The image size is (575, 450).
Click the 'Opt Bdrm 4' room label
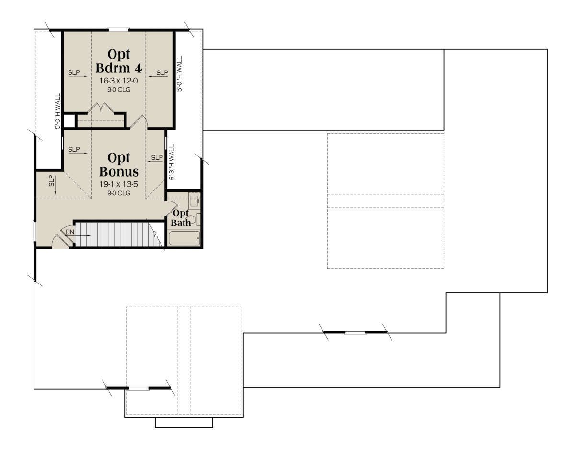click(119, 61)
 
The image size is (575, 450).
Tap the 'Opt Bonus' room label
click(119, 165)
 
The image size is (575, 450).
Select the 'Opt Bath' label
click(181, 218)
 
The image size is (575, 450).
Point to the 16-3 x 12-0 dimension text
click(118, 81)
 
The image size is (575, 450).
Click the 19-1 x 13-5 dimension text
click(118, 184)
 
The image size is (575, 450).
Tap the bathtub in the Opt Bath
click(184, 238)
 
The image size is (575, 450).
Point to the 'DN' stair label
click(70, 232)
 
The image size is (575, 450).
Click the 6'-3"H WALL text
click(172, 162)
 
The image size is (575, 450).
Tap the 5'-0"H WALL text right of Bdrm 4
click(179, 74)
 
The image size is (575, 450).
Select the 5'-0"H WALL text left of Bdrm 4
click(57, 111)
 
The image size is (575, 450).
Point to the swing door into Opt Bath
click(172, 208)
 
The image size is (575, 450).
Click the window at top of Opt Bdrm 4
click(118, 29)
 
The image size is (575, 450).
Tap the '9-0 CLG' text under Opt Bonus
click(119, 193)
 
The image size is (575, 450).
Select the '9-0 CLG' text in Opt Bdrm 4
click(119, 90)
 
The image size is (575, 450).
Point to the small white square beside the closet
click(69, 121)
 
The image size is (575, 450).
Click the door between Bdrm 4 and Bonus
click(138, 122)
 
